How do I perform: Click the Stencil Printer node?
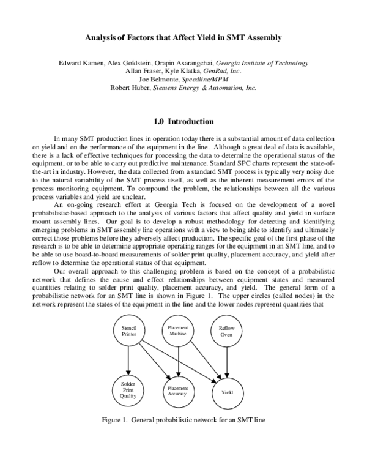pyautogui.click(x=128, y=332)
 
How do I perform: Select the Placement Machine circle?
pyautogui.click(x=178, y=332)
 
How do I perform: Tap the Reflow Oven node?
pyautogui.click(x=226, y=332)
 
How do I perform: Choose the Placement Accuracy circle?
pyautogui.click(x=178, y=391)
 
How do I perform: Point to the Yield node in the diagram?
pyautogui.click(x=226, y=391)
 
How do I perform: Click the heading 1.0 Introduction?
pyautogui.click(x=183, y=122)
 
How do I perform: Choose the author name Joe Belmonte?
pyautogui.click(x=161, y=79)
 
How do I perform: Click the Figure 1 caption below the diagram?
pyautogui.click(x=183, y=420)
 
